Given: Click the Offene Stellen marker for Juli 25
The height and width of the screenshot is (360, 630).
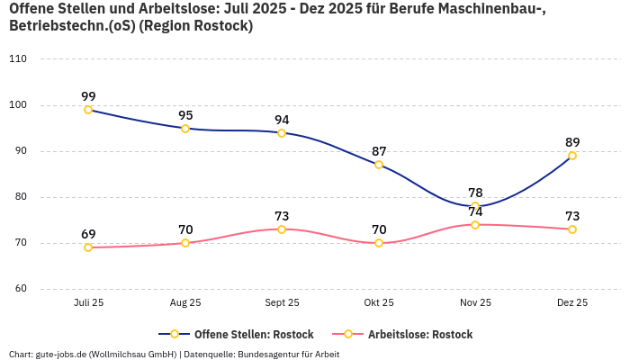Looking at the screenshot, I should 88,110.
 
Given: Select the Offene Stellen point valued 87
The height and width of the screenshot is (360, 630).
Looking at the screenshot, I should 379,165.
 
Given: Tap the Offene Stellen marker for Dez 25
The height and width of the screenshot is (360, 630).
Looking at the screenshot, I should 572,156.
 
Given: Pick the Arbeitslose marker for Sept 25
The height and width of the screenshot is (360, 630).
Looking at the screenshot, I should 282,229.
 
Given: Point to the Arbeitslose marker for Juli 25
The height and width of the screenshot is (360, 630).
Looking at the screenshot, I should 88,247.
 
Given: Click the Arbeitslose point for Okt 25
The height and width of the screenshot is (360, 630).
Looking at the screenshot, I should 379,243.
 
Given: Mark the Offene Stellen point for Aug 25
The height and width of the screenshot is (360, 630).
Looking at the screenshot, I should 185,129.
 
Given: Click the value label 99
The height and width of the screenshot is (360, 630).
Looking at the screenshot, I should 88,96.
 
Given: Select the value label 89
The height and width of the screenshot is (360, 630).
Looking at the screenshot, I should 572,142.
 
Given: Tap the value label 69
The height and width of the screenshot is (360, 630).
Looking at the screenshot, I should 88,234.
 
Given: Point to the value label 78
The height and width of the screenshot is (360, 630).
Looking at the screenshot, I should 475,193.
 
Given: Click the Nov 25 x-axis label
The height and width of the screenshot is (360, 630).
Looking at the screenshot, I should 475,303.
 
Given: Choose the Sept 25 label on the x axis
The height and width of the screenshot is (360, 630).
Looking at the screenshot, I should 282,303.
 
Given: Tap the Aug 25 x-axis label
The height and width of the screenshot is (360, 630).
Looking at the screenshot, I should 185,303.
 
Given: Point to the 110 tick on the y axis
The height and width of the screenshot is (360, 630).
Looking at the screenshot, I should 18,59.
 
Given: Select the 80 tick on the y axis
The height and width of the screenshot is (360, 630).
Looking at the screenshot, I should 21,197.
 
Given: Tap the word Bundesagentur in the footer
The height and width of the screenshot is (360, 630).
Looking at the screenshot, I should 274,354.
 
